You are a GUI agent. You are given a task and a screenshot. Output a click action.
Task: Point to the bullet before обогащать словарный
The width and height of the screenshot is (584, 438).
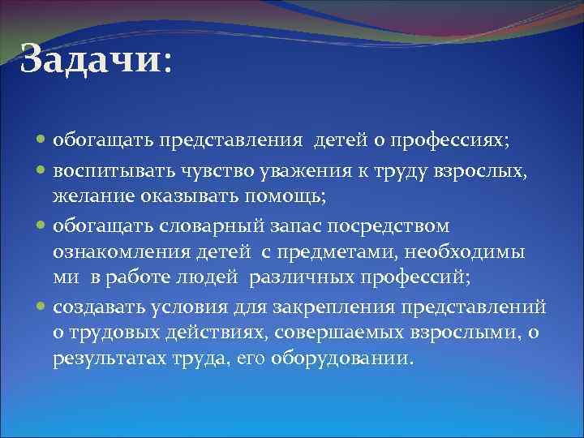tap(42, 225)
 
